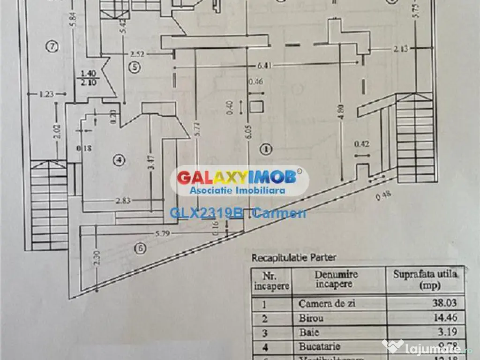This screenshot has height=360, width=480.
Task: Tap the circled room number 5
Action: pyautogui.click(x=135, y=67)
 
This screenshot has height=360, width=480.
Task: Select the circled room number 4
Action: pyautogui.click(x=119, y=160)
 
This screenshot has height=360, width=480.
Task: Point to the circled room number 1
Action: pyautogui.click(x=266, y=150)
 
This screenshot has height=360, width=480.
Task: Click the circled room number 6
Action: pyautogui.click(x=139, y=248)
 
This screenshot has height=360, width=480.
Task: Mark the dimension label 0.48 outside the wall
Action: pyautogui.click(x=382, y=197)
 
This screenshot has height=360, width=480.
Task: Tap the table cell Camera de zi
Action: pyautogui.click(x=327, y=303)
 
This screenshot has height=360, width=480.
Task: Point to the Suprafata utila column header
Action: pyautogui.click(x=425, y=279)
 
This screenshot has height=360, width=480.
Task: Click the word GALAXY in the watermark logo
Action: pyautogui.click(x=209, y=177)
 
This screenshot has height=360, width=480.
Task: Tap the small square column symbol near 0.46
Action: pyautogui.click(x=256, y=106)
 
